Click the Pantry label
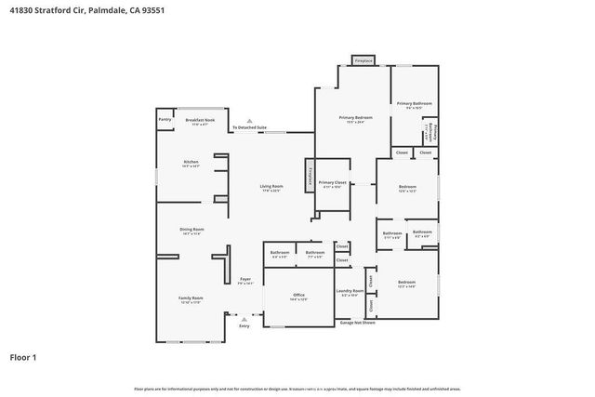[x=165, y=120]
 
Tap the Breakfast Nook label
[x=200, y=120]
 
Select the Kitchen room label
[x=191, y=163]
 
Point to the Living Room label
[x=271, y=187]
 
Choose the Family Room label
[x=191, y=298]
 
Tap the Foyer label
[x=245, y=279]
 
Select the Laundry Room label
[x=350, y=291]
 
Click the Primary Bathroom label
[x=410, y=103]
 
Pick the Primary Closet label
[x=332, y=183]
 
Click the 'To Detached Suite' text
[x=249, y=126]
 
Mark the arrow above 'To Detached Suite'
[x=249, y=119]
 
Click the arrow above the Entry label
[x=244, y=319]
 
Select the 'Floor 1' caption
[x=23, y=356]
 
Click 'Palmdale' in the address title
[x=112, y=8]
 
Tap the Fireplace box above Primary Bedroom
[x=364, y=60]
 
